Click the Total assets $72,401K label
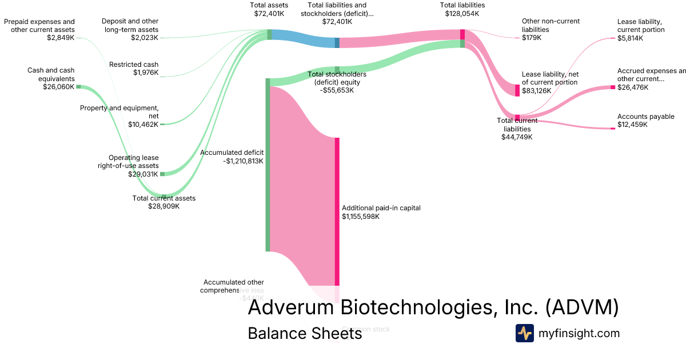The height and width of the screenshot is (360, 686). pyautogui.click(x=269, y=9)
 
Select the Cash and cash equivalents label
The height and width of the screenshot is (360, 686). pyautogui.click(x=51, y=74)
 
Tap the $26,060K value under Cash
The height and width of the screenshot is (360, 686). pyautogui.click(x=59, y=87)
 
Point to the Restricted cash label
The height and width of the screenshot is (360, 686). pyautogui.click(x=134, y=65)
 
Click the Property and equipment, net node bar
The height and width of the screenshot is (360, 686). pyautogui.click(x=162, y=124)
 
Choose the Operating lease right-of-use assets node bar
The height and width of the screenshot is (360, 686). pyautogui.click(x=162, y=174)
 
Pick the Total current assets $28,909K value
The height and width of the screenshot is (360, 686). pyautogui.click(x=164, y=206)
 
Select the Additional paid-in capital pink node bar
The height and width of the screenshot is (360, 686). pyautogui.click(x=337, y=211)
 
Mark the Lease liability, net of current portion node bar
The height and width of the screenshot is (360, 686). pyautogui.click(x=517, y=90)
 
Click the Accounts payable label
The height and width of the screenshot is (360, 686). pyautogui.click(x=645, y=117)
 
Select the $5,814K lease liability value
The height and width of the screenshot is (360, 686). pyautogui.click(x=630, y=38)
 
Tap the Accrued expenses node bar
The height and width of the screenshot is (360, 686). pyautogui.click(x=612, y=87)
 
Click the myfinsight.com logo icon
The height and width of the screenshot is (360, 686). pyautogui.click(x=524, y=333)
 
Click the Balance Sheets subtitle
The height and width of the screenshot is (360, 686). pyautogui.click(x=305, y=333)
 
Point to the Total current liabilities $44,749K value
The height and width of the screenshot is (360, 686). pyautogui.click(x=517, y=137)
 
